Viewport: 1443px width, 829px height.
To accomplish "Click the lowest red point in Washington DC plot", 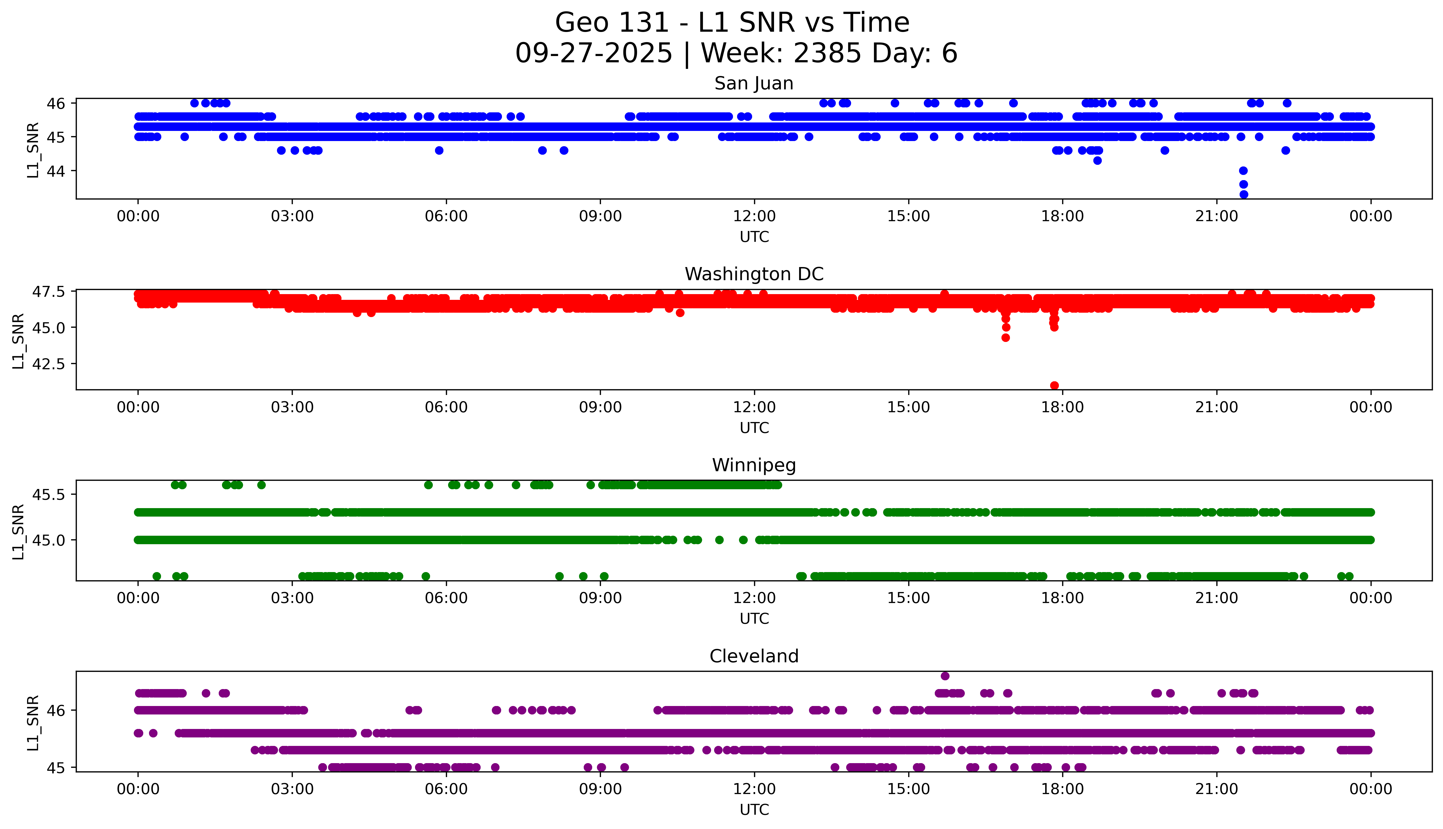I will click(1054, 385).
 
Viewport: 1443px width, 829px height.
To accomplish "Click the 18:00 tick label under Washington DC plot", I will click(1063, 407).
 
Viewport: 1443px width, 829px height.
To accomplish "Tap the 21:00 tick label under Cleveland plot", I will click(1216, 789).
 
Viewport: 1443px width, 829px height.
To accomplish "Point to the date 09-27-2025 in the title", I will click(593, 54).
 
